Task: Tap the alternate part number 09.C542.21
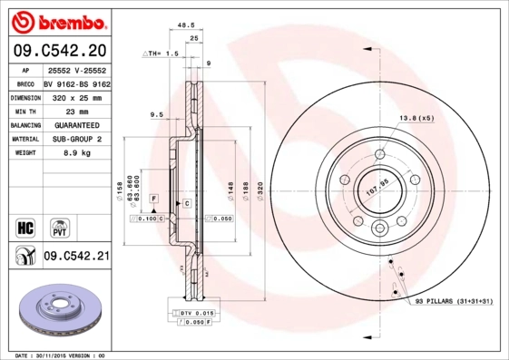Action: (75, 257)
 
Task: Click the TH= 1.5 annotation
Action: (160, 54)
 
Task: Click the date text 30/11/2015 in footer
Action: (61, 355)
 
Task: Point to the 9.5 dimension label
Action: (155, 115)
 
